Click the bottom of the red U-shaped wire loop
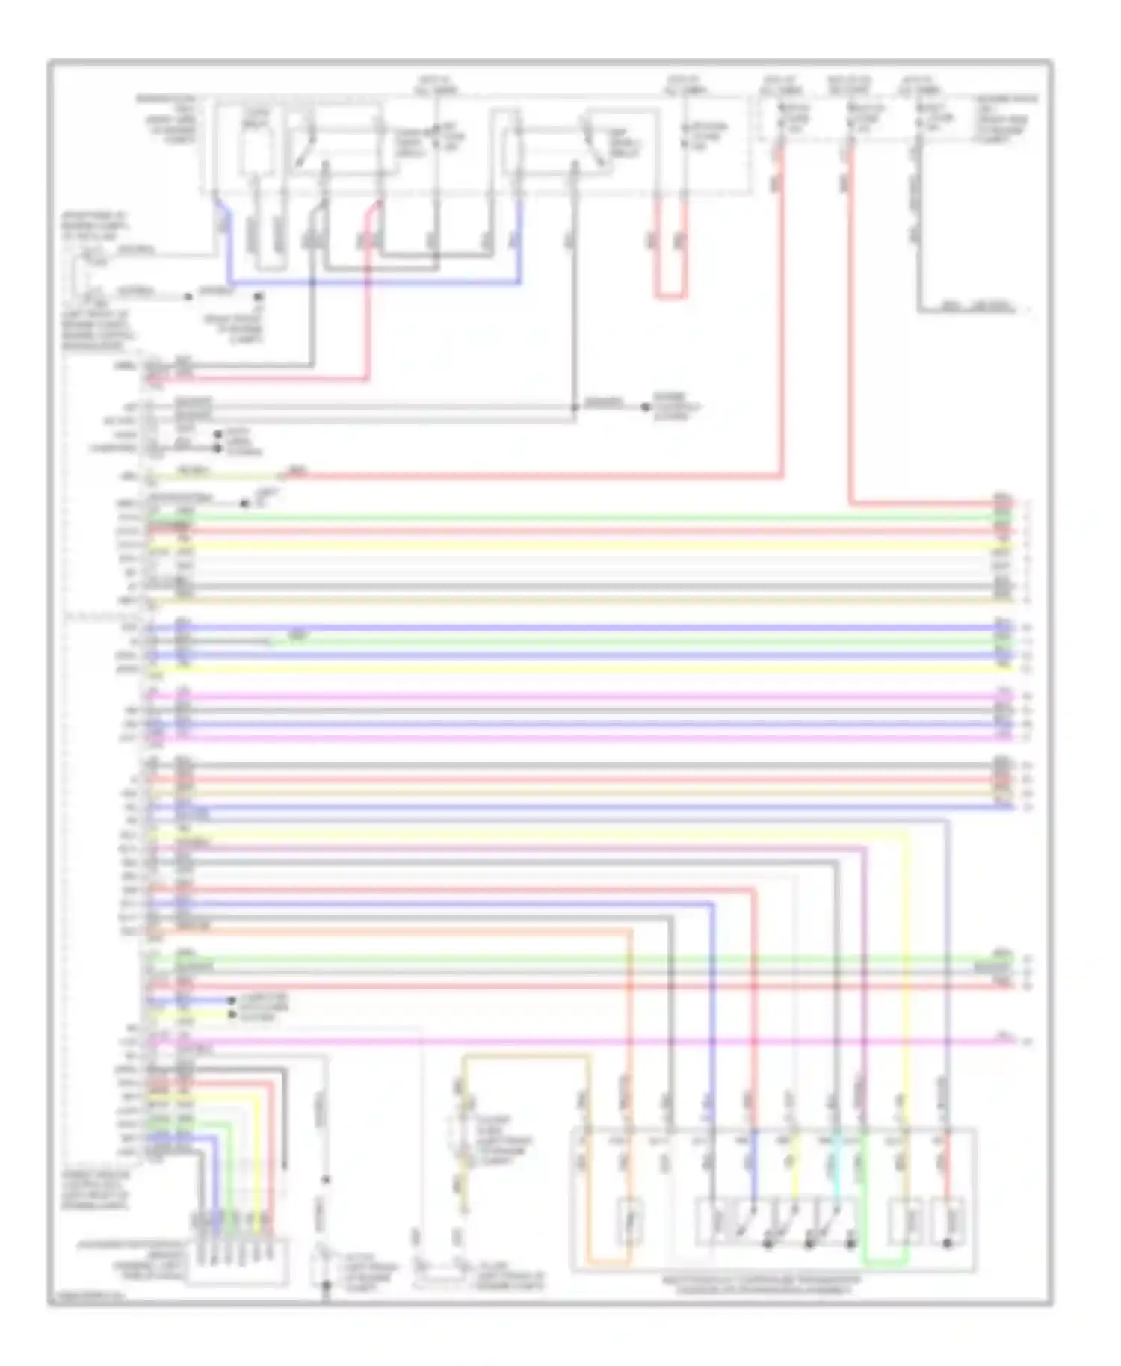click(670, 296)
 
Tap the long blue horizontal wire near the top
click(374, 283)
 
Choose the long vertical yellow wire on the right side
click(908, 971)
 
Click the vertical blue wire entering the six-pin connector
click(217, 1181)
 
